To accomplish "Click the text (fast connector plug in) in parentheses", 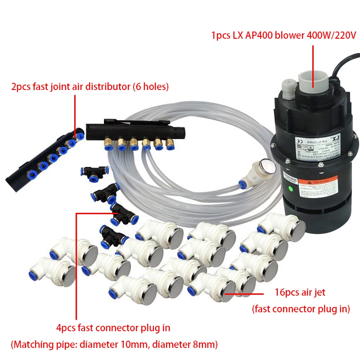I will click(x=301, y=309).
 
